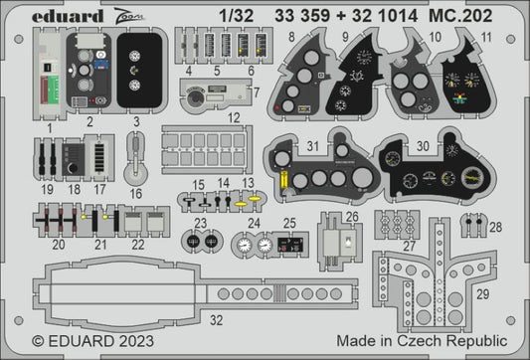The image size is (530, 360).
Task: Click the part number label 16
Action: [137, 193]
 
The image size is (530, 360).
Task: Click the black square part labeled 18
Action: [72, 159]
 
